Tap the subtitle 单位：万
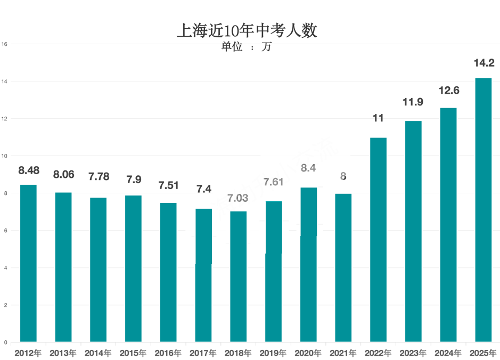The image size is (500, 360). click(x=247, y=47)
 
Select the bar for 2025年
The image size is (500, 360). click(x=483, y=210)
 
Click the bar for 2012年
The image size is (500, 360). click(x=28, y=263)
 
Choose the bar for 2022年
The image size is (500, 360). click(x=378, y=240)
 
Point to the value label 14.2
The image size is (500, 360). click(x=484, y=63)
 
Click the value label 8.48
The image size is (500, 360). click(x=28, y=170)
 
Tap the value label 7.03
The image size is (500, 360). click(x=238, y=198)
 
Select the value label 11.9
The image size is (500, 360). click(x=413, y=102)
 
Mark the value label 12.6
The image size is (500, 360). click(x=448, y=91)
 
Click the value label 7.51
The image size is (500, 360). click(x=168, y=185)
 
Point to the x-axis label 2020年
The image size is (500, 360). click(x=308, y=353)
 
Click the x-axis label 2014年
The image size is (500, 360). click(x=98, y=353)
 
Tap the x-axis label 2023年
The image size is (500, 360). click(x=413, y=353)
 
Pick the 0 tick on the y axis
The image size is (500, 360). click(x=5, y=342)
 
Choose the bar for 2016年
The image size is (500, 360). click(x=168, y=272)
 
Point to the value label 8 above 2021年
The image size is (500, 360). click(x=343, y=176)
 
